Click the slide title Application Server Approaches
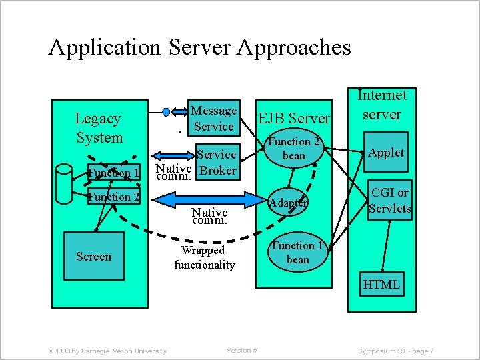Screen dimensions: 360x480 (199, 47)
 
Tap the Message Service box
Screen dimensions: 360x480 (213, 119)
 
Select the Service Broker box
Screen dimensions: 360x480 (216, 162)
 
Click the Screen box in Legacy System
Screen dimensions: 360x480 (93, 256)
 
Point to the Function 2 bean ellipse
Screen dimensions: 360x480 (294, 149)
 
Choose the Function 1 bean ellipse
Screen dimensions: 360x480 (297, 252)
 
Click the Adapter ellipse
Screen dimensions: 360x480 (288, 201)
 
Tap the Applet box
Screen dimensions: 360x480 (386, 153)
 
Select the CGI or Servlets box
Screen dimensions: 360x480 (390, 201)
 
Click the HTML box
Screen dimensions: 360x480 (381, 285)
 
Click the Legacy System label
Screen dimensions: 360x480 (99, 128)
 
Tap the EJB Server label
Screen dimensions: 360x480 (294, 119)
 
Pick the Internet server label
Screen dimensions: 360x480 (381, 105)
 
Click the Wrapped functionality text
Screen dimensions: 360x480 (204, 257)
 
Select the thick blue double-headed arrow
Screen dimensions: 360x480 (201, 198)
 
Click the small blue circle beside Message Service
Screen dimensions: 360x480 (166, 111)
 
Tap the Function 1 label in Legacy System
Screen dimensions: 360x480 (114, 173)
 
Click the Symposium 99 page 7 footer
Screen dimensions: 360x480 (396, 351)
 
